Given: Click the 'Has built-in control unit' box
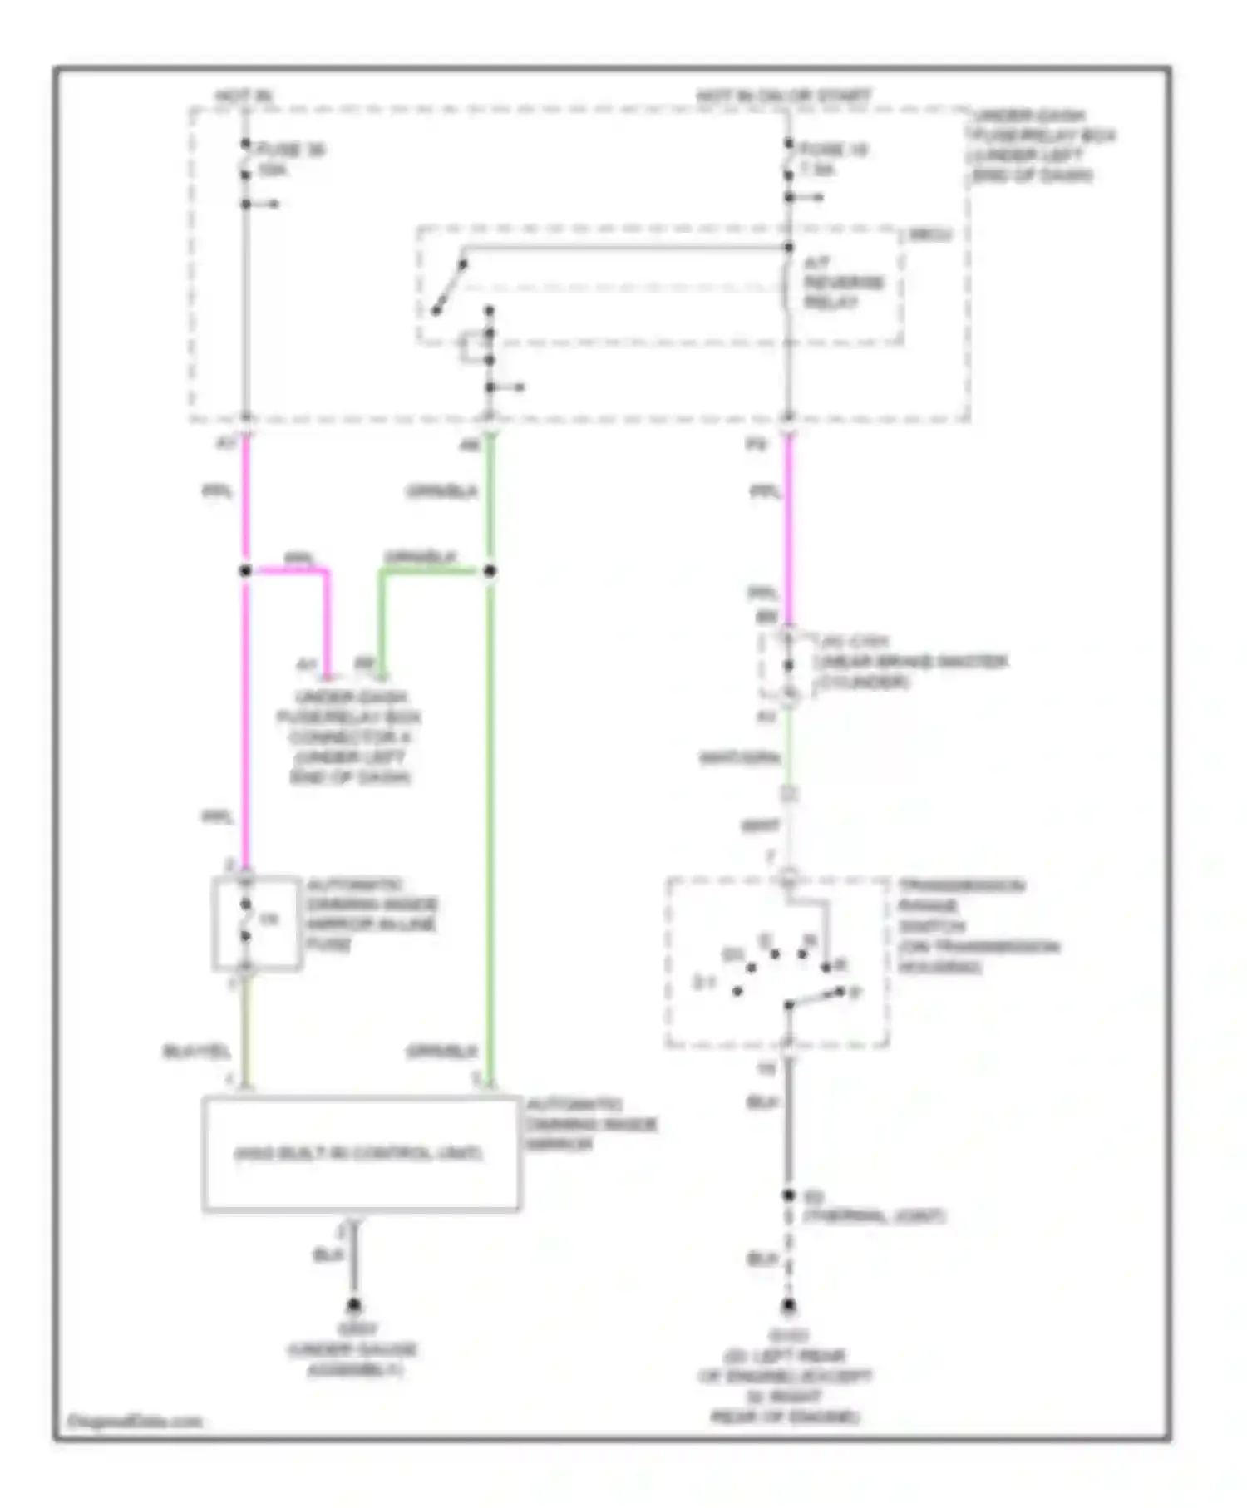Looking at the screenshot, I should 361,1154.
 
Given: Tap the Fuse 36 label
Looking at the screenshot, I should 290,160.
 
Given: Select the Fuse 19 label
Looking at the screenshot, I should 833,159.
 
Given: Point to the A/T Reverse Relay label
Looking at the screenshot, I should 842,283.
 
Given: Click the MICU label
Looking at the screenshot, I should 929,235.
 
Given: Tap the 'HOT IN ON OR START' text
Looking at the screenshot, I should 783,96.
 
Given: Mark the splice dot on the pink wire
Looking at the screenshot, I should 245,571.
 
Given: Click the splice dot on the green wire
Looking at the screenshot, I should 490,571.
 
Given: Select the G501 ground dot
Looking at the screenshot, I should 354,1305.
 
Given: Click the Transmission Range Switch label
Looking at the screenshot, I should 977,925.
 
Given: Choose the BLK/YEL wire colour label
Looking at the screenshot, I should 196,1052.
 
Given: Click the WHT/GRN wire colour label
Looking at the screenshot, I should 739,758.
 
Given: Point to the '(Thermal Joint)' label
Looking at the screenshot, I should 873,1216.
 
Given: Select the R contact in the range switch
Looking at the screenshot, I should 826,968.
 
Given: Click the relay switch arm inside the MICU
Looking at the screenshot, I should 449,288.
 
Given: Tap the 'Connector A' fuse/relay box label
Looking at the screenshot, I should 349,737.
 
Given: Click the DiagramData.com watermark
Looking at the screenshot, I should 134,1421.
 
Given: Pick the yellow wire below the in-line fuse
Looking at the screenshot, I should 246,1031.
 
